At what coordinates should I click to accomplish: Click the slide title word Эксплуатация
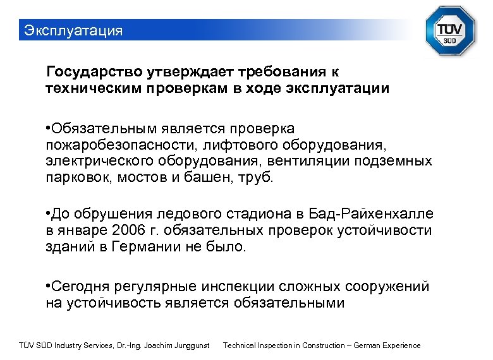pos(72,30)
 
